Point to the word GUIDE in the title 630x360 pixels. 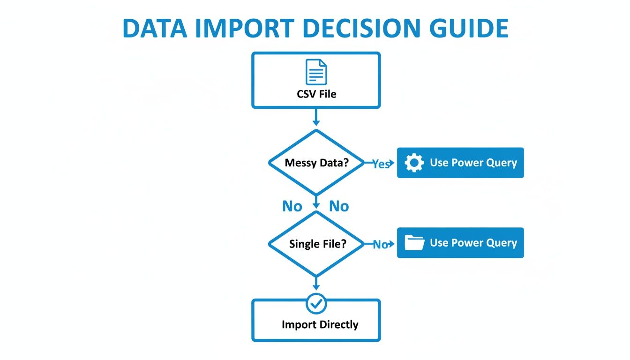pyautogui.click(x=469, y=29)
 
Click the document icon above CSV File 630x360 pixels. pyautogui.click(x=316, y=72)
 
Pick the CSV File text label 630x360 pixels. pyautogui.click(x=316, y=94)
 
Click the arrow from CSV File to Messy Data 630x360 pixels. pyautogui.click(x=316, y=117)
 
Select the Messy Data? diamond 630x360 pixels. pyautogui.click(x=316, y=162)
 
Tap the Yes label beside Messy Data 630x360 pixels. pyautogui.click(x=381, y=164)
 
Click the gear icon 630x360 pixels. pyautogui.click(x=414, y=163)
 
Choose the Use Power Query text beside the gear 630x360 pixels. pyautogui.click(x=473, y=163)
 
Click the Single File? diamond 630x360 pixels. pyautogui.click(x=316, y=244)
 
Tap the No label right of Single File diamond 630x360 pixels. pyautogui.click(x=380, y=244)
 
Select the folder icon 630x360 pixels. pyautogui.click(x=414, y=243)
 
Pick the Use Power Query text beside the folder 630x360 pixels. pyautogui.click(x=473, y=243)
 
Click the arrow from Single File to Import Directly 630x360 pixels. pyautogui.click(x=316, y=283)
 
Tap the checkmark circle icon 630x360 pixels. pyautogui.click(x=316, y=304)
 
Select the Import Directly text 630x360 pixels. pyautogui.click(x=320, y=324)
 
